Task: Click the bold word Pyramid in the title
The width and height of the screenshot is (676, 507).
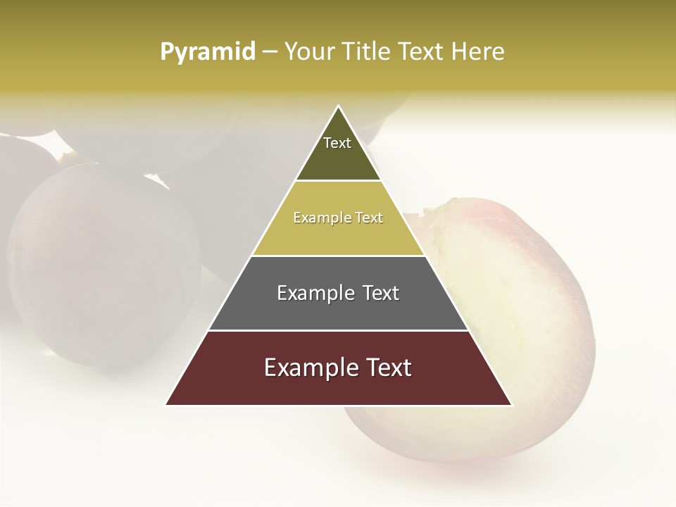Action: click(x=208, y=52)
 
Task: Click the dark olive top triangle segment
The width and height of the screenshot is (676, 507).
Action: click(x=338, y=158)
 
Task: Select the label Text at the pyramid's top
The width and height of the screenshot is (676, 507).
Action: click(x=337, y=143)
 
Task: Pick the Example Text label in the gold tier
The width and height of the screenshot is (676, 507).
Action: click(x=338, y=218)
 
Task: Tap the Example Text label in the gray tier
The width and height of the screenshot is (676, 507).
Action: click(x=338, y=293)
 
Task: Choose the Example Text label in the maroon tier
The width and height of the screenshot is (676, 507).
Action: click(x=338, y=368)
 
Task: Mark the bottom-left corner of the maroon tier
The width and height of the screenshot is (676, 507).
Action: click(x=166, y=404)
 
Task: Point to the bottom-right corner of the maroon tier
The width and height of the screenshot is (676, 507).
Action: click(x=511, y=404)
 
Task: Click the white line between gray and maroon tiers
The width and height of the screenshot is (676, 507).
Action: click(x=338, y=330)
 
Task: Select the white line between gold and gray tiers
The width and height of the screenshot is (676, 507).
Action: click(x=338, y=256)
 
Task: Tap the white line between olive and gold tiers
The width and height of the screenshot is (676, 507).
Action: click(x=338, y=181)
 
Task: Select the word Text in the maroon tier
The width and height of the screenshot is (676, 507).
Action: click(x=386, y=368)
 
